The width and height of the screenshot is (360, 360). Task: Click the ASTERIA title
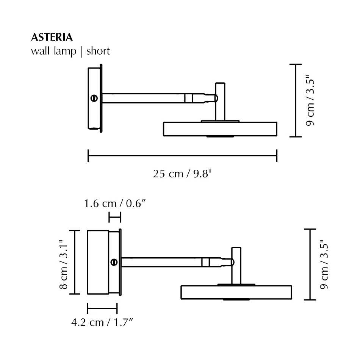[x=52, y=38]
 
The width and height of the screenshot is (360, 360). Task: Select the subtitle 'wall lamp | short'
[x=70, y=51]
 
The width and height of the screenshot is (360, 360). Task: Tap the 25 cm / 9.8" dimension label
[x=182, y=174]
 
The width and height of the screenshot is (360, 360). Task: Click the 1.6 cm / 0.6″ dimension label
[x=115, y=203]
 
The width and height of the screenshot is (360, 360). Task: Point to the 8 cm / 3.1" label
[x=64, y=262]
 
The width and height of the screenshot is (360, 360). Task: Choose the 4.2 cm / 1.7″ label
[x=102, y=322]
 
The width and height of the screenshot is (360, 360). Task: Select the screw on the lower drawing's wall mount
[x=114, y=262]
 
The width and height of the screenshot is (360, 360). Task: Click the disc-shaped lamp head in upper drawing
[x=220, y=129]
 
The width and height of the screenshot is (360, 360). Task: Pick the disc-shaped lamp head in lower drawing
[x=236, y=292]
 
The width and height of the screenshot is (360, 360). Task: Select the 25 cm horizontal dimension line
[x=182, y=155]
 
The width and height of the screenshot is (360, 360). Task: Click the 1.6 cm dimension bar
[x=115, y=218]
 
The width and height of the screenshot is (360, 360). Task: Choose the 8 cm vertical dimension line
[x=75, y=262]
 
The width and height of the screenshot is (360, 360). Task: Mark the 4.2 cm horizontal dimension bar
[x=102, y=308]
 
